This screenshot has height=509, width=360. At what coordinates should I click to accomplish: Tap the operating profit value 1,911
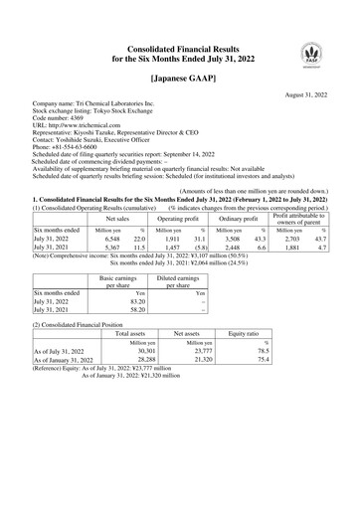(x=171, y=239)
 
